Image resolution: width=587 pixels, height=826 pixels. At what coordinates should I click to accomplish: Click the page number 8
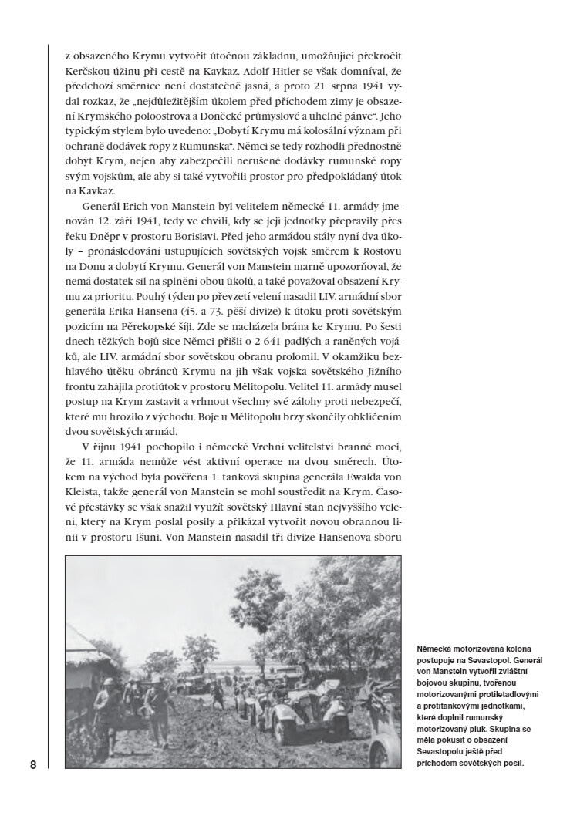tap(33, 765)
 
